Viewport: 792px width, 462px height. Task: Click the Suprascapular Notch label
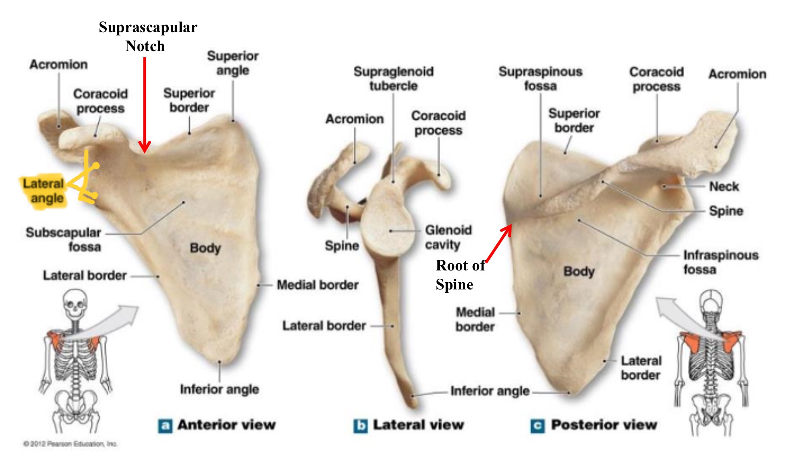pos(148,36)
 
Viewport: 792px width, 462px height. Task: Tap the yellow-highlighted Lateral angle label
pos(44,191)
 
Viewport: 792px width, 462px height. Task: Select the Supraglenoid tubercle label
pos(393,78)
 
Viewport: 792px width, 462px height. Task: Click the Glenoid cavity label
pos(448,237)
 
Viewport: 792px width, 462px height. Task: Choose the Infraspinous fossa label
pos(720,262)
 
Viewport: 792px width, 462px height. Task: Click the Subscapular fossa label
pos(64,239)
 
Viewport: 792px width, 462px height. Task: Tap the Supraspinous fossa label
pos(540,78)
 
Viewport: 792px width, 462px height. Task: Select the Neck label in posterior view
pos(724,186)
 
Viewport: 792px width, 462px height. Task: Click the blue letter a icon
pos(165,426)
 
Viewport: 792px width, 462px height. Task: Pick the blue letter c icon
pos(537,426)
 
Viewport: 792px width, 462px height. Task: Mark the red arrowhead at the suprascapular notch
pos(145,147)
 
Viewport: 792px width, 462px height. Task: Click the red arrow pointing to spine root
pos(499,243)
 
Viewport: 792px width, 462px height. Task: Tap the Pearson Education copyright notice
pos(70,444)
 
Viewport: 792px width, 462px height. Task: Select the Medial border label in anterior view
pos(317,285)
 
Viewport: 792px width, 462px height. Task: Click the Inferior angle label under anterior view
pos(219,389)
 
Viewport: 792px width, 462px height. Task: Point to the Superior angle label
pos(233,63)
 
